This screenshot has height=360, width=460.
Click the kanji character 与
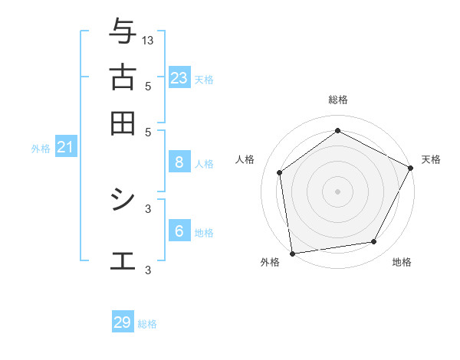coord(123,32)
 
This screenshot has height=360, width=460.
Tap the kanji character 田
coord(123,123)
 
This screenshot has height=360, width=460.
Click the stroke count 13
coord(148,40)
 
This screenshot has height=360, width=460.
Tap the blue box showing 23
coord(179,78)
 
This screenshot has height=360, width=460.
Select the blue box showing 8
coord(179,162)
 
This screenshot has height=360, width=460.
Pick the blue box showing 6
coord(179,232)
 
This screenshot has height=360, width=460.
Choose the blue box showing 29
coord(123,322)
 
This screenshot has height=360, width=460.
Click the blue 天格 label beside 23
coord(204,80)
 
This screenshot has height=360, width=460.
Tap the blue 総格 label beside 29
coord(147,324)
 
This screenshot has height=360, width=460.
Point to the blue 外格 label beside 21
coord(41,149)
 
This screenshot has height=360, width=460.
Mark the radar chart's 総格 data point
coord(337,131)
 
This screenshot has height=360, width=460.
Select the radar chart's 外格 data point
coord(292,253)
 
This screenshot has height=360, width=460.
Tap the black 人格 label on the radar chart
coord(245,159)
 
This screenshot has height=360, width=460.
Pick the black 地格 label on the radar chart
coord(402,262)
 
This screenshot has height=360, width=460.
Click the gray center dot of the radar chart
coord(337,191)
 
